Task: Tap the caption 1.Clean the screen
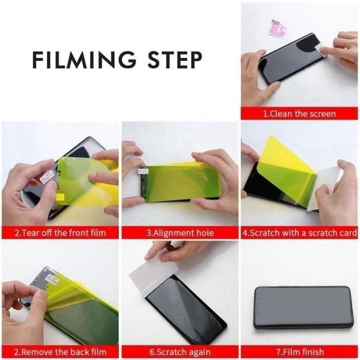(299, 114)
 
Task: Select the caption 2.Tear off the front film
(60, 233)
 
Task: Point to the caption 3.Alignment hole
(180, 233)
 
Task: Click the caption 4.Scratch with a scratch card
(300, 233)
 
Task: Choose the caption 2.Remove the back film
(60, 352)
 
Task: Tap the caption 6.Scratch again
(180, 352)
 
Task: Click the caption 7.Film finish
(300, 352)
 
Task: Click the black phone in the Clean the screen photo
(288, 59)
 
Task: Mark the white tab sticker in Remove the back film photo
(52, 281)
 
